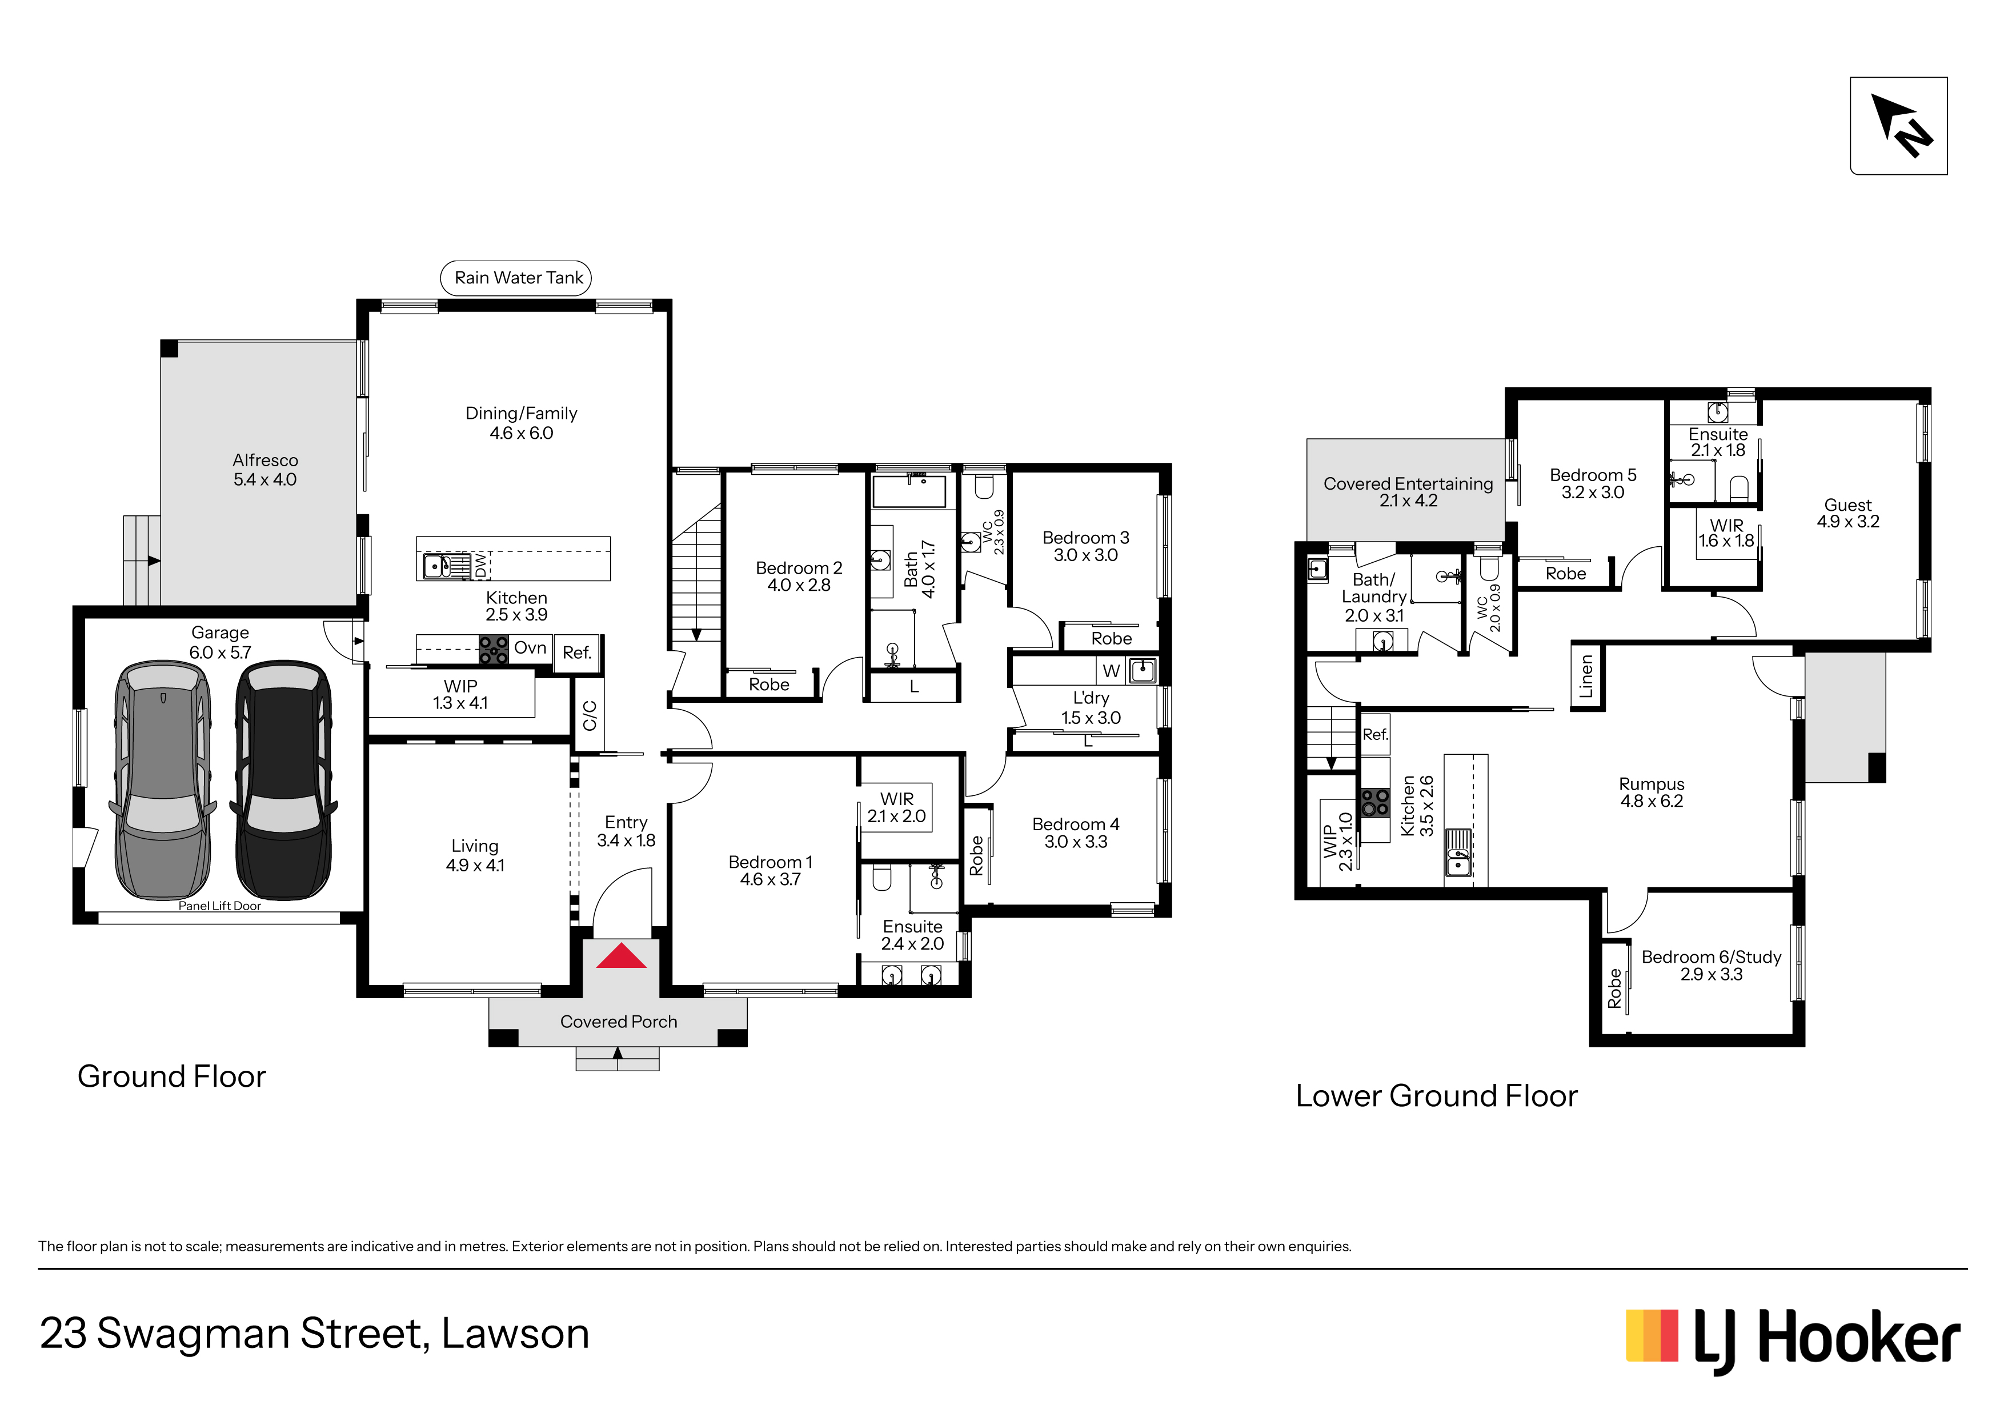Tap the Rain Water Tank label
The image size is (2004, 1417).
tap(519, 278)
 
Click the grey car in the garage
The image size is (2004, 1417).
tap(162, 780)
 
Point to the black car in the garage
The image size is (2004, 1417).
tap(284, 780)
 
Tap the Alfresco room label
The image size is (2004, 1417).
tap(265, 470)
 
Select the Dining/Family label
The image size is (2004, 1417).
tap(521, 423)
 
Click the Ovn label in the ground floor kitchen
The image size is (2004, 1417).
tap(530, 648)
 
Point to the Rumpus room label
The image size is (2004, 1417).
tap(1652, 792)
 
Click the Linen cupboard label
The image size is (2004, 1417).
tap(1586, 677)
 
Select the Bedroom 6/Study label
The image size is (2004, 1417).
tap(1712, 966)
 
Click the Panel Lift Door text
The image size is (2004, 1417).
tap(220, 906)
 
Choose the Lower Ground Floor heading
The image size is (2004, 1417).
tap(1437, 1096)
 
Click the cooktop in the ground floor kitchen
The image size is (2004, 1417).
tap(493, 650)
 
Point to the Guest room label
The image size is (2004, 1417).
tap(1848, 513)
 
